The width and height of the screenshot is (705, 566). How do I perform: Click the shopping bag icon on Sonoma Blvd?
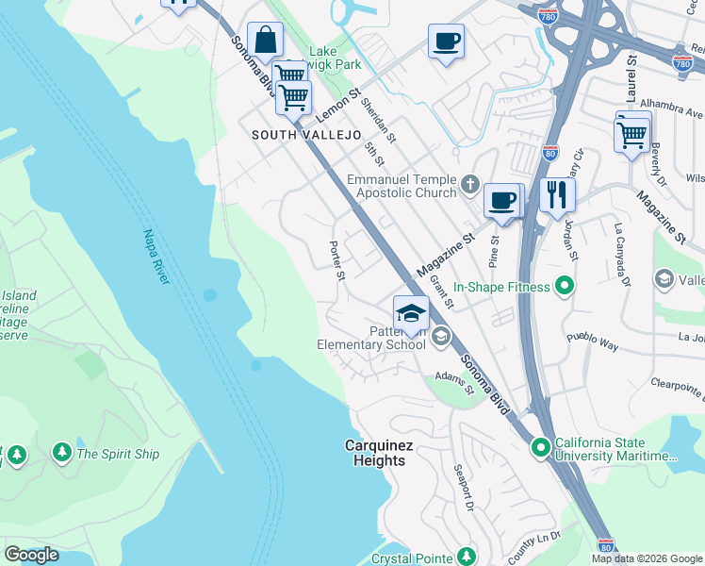click(x=266, y=41)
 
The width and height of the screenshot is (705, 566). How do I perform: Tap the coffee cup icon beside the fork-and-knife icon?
click(x=503, y=200)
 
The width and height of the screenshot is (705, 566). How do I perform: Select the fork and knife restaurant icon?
click(x=557, y=195)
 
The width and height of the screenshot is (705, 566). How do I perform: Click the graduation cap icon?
click(x=411, y=313)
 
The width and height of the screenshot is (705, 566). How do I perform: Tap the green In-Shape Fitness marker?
click(x=565, y=284)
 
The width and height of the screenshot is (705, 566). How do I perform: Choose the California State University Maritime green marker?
click(x=541, y=446)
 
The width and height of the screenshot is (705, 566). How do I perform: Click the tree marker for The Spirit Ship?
click(x=62, y=454)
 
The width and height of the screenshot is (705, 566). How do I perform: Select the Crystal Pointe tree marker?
click(x=464, y=556)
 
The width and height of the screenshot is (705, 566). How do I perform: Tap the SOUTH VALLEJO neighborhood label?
click(x=306, y=135)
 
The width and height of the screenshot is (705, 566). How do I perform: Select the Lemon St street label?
click(x=338, y=105)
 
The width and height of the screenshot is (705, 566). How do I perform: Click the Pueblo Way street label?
click(x=591, y=341)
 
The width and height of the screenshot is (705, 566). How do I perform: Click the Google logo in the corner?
click(x=31, y=555)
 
